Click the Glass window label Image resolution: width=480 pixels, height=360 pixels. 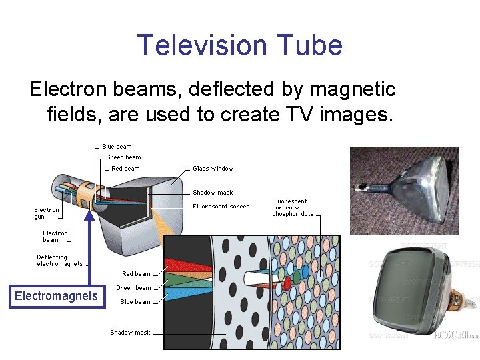click(x=213, y=169)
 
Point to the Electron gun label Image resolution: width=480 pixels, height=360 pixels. click(x=47, y=213)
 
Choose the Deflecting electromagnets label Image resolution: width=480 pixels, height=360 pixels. click(x=60, y=260)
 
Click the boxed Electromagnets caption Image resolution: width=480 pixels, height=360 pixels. click(x=56, y=296)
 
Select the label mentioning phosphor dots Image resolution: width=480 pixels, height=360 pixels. click(x=293, y=207)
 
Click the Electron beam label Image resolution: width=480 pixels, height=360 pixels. click(x=55, y=237)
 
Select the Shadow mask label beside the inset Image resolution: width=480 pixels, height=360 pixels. click(x=130, y=333)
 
